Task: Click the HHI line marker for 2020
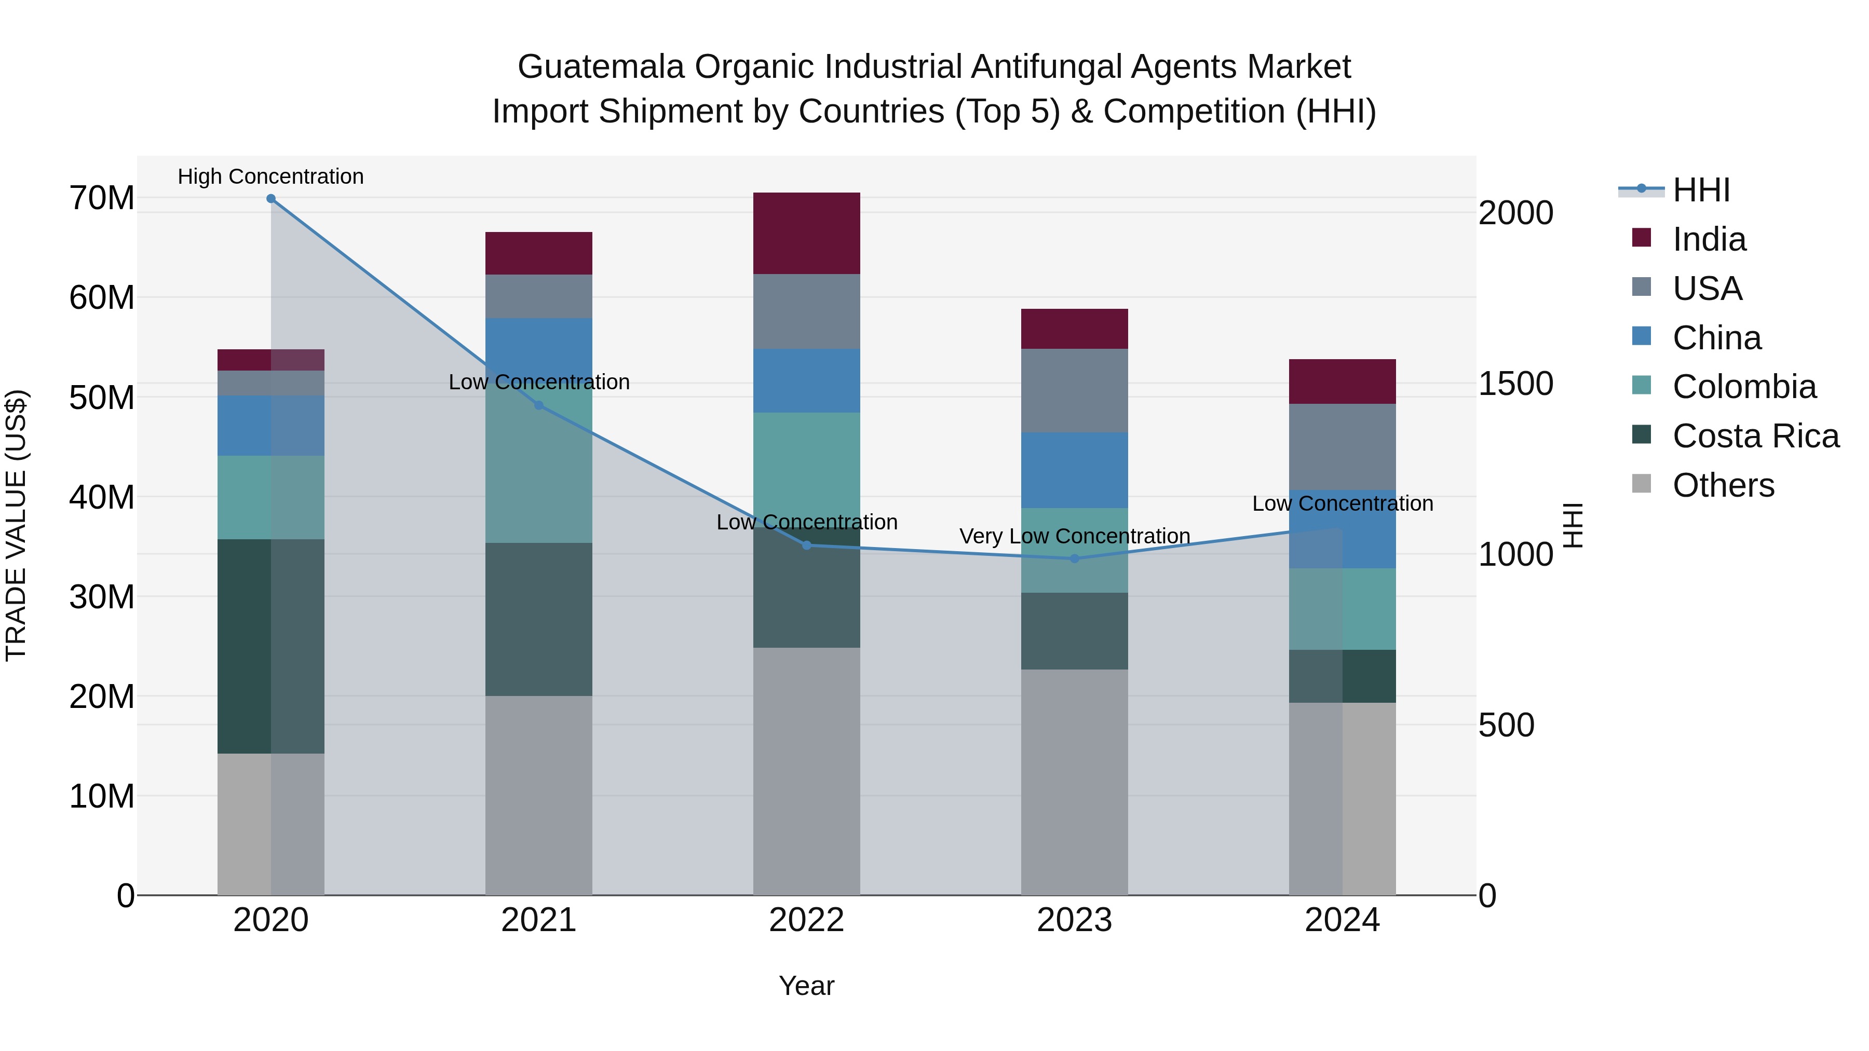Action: (x=270, y=198)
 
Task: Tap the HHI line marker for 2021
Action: (x=538, y=405)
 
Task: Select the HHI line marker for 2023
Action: (x=1075, y=558)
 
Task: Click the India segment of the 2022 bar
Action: (x=806, y=234)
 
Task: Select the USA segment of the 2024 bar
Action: (x=1342, y=447)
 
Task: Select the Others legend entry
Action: (x=1723, y=485)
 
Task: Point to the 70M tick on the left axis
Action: (x=102, y=198)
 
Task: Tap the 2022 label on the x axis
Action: (x=806, y=920)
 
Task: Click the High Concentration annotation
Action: (x=270, y=176)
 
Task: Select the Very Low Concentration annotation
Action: (x=1075, y=536)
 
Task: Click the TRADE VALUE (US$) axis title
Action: (x=16, y=525)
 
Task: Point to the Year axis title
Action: (x=806, y=986)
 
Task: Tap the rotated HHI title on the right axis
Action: (x=1572, y=525)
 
